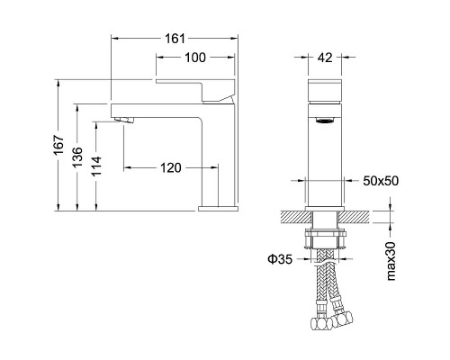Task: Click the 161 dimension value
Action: [175, 39]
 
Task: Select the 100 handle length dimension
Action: [195, 58]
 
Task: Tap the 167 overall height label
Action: [58, 145]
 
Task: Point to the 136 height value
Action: [77, 157]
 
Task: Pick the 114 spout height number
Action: [96, 166]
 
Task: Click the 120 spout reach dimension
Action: [171, 168]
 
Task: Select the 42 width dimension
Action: [325, 58]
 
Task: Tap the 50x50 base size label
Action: [381, 181]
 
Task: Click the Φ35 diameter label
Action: [280, 259]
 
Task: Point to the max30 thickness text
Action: [391, 261]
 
